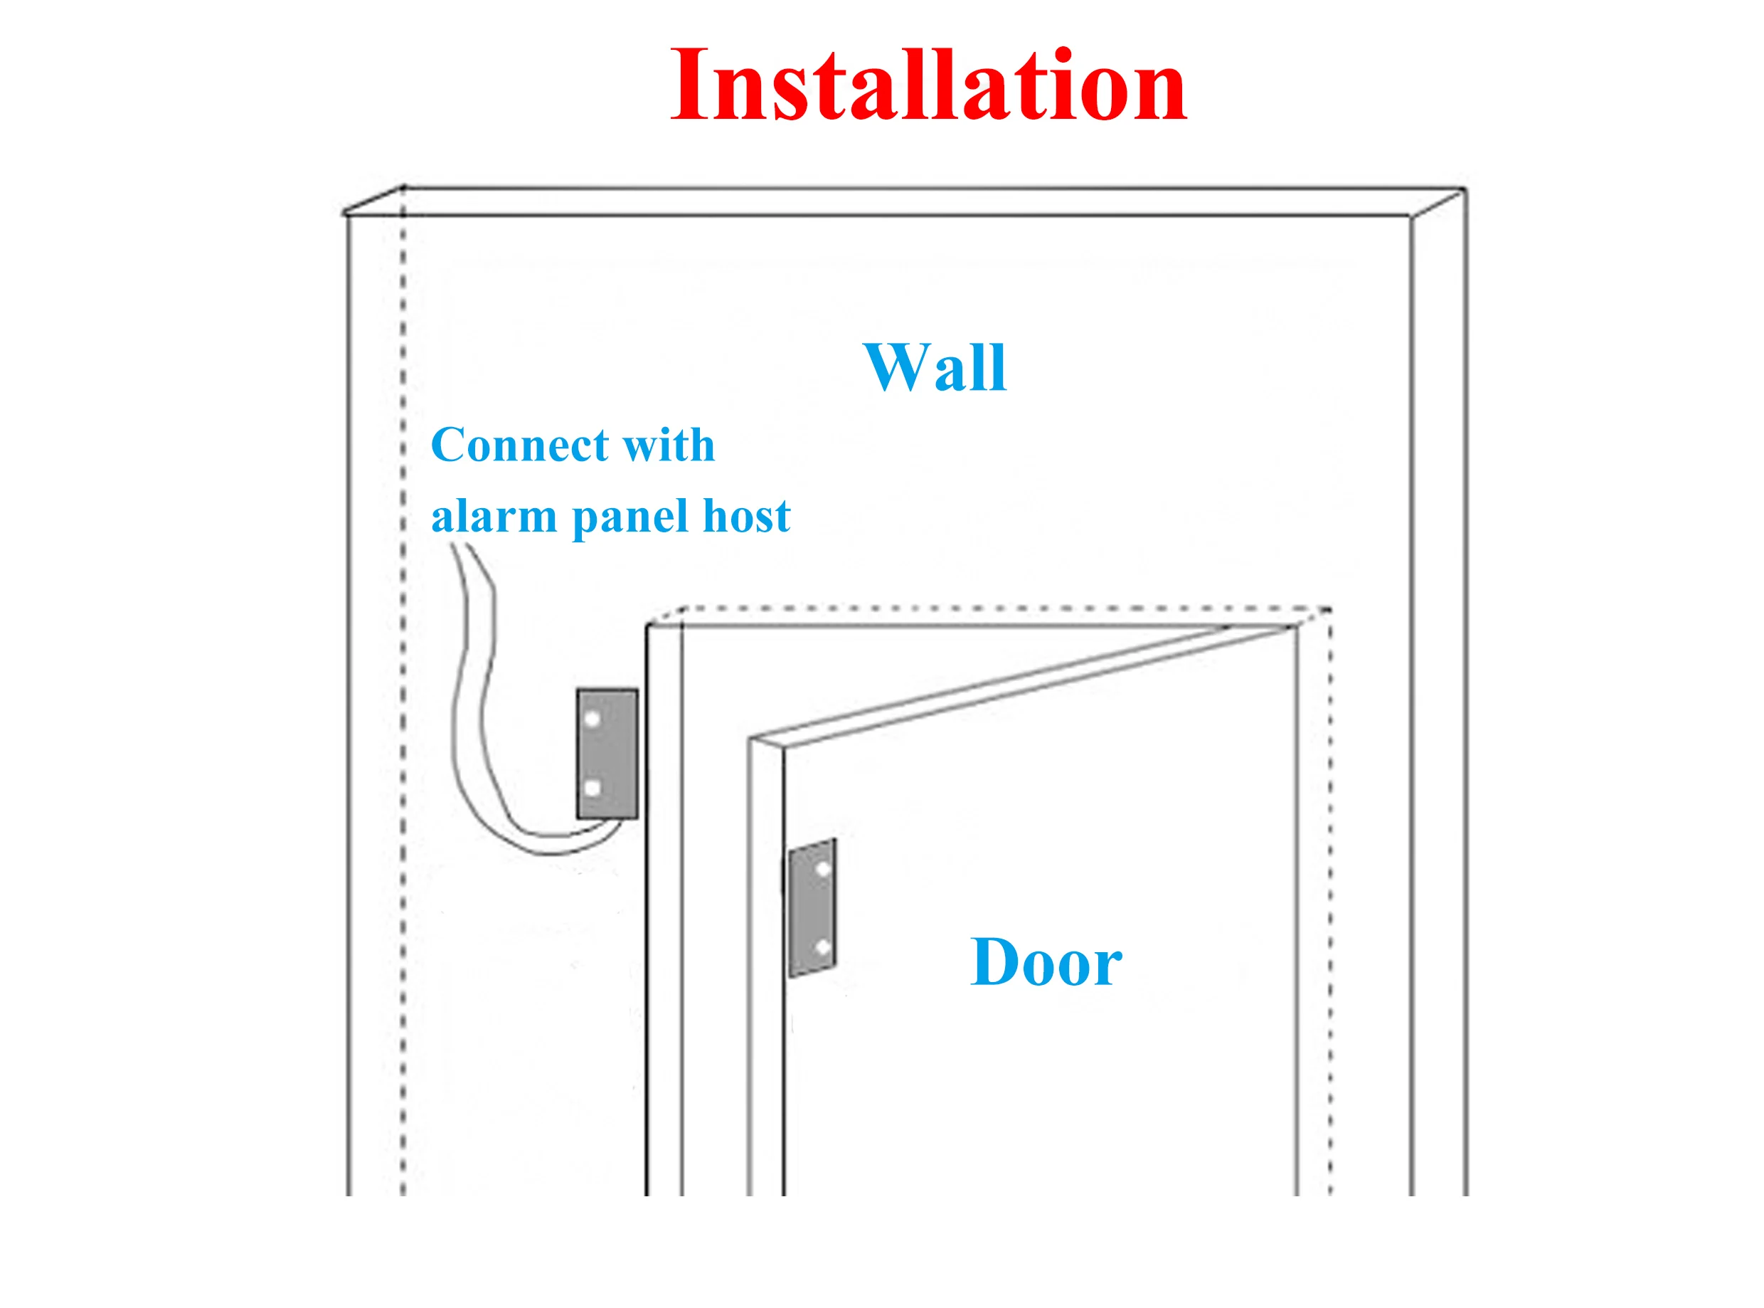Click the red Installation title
pos(928,85)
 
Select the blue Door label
pos(1046,962)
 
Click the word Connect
pos(519,445)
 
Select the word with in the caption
pos(669,445)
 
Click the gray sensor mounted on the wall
pos(607,753)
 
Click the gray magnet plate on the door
pos(812,907)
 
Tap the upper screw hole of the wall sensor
pos(592,719)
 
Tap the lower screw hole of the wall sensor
pos(592,788)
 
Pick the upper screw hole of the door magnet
pos(823,870)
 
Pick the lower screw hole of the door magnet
pos(823,947)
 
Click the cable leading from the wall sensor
pos(475,712)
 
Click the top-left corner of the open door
pos(751,740)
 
